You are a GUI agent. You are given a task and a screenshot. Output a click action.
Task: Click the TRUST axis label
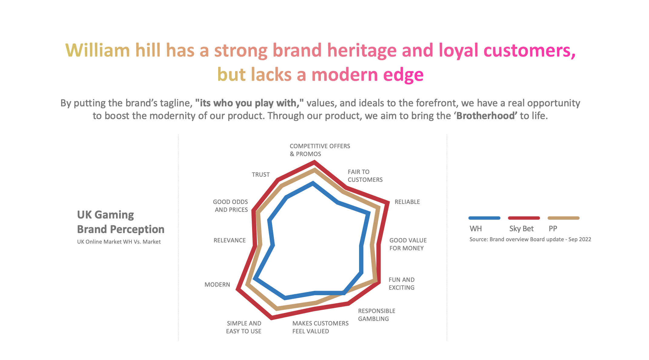click(x=261, y=175)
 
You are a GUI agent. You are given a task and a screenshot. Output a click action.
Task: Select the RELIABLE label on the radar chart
click(x=407, y=202)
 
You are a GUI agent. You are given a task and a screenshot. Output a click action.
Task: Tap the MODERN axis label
click(x=217, y=285)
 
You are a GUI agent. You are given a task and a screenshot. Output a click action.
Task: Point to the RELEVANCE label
click(x=230, y=240)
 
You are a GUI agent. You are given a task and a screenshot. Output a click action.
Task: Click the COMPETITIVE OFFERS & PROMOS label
click(x=320, y=150)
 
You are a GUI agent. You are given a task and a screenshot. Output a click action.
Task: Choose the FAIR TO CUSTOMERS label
click(x=365, y=176)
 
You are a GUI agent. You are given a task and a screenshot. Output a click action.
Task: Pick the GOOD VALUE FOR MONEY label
click(x=408, y=244)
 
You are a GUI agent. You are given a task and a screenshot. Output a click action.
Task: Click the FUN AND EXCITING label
click(x=401, y=284)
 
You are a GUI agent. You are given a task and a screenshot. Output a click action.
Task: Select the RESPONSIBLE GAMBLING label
click(x=377, y=315)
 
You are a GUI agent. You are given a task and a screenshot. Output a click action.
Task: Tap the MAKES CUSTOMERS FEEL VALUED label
click(x=320, y=327)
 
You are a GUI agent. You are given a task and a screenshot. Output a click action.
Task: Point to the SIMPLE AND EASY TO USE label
click(x=244, y=327)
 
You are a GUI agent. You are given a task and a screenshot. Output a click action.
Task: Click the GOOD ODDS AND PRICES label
click(x=231, y=206)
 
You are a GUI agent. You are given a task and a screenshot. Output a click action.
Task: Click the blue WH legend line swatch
click(x=484, y=218)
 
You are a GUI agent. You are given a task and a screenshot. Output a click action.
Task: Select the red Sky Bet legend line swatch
click(x=524, y=218)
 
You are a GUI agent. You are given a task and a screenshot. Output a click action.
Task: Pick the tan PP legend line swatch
click(x=564, y=218)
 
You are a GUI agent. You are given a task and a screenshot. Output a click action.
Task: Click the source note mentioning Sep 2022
click(x=530, y=239)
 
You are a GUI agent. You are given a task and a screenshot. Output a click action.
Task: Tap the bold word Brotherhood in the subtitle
click(x=486, y=116)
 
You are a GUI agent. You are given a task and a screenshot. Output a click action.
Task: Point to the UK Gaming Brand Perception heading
click(x=121, y=222)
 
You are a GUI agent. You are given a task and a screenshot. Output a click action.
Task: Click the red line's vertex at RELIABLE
click(x=388, y=202)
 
